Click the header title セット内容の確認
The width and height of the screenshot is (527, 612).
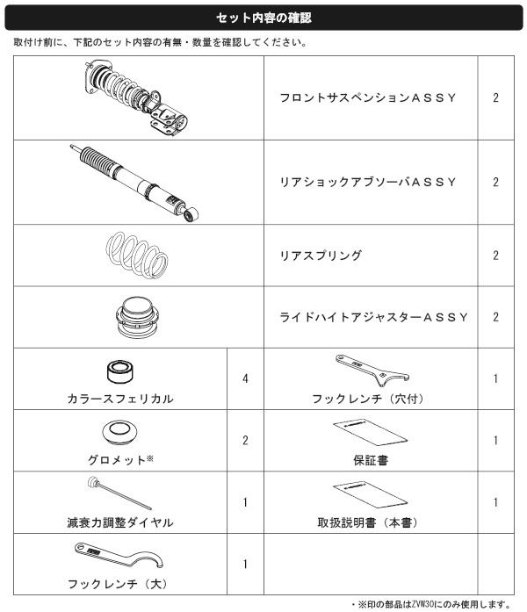tap(263, 18)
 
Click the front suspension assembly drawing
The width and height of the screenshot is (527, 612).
tap(136, 98)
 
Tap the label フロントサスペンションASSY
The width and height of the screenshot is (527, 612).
tap(368, 98)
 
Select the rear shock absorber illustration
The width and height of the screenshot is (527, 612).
tap(134, 183)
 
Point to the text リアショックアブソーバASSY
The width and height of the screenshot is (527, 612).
tap(368, 183)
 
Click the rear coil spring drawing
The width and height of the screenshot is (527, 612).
tap(137, 256)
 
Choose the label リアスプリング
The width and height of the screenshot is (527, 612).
tap(321, 256)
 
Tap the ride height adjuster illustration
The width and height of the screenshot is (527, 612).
tap(137, 317)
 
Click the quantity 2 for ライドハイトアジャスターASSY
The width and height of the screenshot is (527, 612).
tap(495, 317)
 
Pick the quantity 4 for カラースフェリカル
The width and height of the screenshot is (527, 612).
tap(245, 378)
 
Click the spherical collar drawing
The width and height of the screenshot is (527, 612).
tap(119, 371)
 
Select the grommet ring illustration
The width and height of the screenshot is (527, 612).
tap(119, 432)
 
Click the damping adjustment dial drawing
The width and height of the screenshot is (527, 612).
tap(119, 493)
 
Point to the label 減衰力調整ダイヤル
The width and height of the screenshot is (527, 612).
tap(120, 522)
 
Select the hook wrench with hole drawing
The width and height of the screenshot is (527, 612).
tap(372, 370)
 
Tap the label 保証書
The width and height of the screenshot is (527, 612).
tap(371, 461)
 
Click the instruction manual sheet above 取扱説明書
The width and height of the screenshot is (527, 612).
tap(370, 494)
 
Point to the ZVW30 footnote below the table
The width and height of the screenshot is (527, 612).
tap(430, 605)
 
